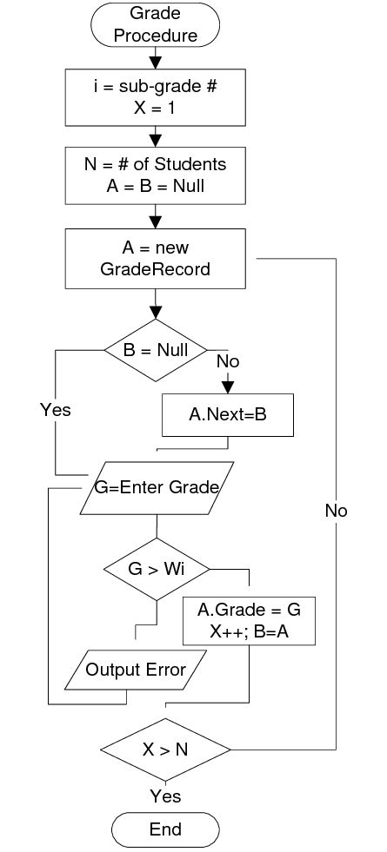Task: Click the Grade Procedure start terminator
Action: click(156, 24)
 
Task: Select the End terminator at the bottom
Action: click(164, 829)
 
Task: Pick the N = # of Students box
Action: click(156, 174)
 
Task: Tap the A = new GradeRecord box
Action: click(155, 259)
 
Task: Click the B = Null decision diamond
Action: click(156, 350)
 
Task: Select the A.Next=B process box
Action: click(228, 416)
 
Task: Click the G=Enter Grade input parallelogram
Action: click(157, 487)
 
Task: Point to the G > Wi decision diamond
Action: click(157, 570)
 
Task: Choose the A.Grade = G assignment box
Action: click(250, 621)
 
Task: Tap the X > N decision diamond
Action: click(165, 749)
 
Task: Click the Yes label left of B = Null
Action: click(55, 410)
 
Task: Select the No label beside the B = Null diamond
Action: click(228, 360)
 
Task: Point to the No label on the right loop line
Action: click(336, 511)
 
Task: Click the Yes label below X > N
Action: click(165, 796)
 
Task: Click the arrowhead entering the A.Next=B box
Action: click(228, 386)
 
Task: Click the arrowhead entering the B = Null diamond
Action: click(156, 313)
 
